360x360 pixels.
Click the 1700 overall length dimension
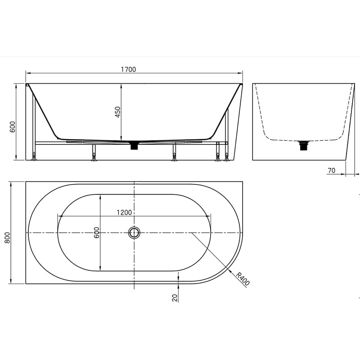click(128, 69)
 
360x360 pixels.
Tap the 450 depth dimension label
click(117, 112)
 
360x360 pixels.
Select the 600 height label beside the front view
click(13, 127)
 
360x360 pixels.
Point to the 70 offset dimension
click(332, 171)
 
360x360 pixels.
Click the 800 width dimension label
click(7, 238)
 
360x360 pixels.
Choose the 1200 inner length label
click(124, 212)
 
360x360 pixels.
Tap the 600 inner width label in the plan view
click(97, 232)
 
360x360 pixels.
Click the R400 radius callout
click(243, 279)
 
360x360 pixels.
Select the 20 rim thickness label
click(175, 298)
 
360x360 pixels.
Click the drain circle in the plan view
click(134, 233)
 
